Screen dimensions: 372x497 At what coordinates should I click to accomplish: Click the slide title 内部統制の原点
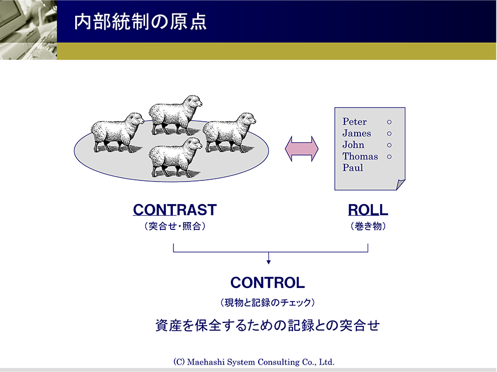pyautogui.click(x=140, y=22)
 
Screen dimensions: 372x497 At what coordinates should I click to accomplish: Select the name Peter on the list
pyautogui.click(x=354, y=122)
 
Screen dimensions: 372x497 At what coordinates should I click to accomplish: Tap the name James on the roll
pyautogui.click(x=356, y=134)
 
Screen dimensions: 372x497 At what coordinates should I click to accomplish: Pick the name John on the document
pyautogui.click(x=353, y=145)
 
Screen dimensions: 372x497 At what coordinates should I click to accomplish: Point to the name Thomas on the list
pyautogui.click(x=360, y=157)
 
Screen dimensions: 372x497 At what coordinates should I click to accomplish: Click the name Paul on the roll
pyautogui.click(x=352, y=168)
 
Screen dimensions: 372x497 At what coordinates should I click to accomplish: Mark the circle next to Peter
pyautogui.click(x=389, y=122)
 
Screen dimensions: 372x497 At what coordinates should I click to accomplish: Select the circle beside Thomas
pyautogui.click(x=389, y=157)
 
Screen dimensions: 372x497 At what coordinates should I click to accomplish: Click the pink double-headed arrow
pyautogui.click(x=302, y=148)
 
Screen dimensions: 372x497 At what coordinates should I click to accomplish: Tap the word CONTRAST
pyautogui.click(x=175, y=210)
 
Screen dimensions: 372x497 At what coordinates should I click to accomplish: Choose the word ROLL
pyautogui.click(x=368, y=210)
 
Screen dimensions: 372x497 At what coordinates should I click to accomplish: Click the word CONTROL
pyautogui.click(x=267, y=282)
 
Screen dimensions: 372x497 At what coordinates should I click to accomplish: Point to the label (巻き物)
pyautogui.click(x=368, y=227)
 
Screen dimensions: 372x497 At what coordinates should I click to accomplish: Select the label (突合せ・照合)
pyautogui.click(x=175, y=227)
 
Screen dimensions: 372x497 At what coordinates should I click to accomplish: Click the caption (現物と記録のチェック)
pyautogui.click(x=267, y=303)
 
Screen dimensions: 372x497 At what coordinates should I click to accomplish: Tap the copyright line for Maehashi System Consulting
pyautogui.click(x=254, y=362)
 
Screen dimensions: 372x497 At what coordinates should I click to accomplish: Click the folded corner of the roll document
pyautogui.click(x=400, y=184)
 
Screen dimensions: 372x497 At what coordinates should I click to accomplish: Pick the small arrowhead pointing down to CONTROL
pyautogui.click(x=268, y=261)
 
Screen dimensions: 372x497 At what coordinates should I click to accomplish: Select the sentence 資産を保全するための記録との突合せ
pyautogui.click(x=267, y=326)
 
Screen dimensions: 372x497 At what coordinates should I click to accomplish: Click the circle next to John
pyautogui.click(x=389, y=145)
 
